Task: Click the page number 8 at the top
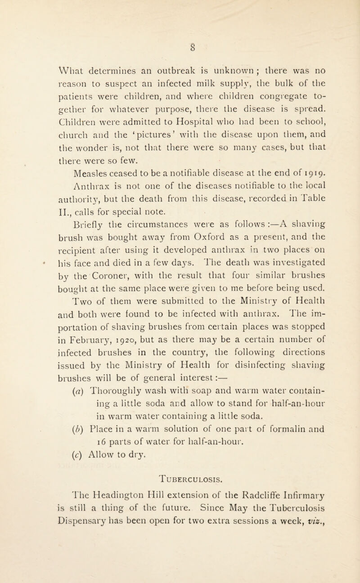180,45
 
